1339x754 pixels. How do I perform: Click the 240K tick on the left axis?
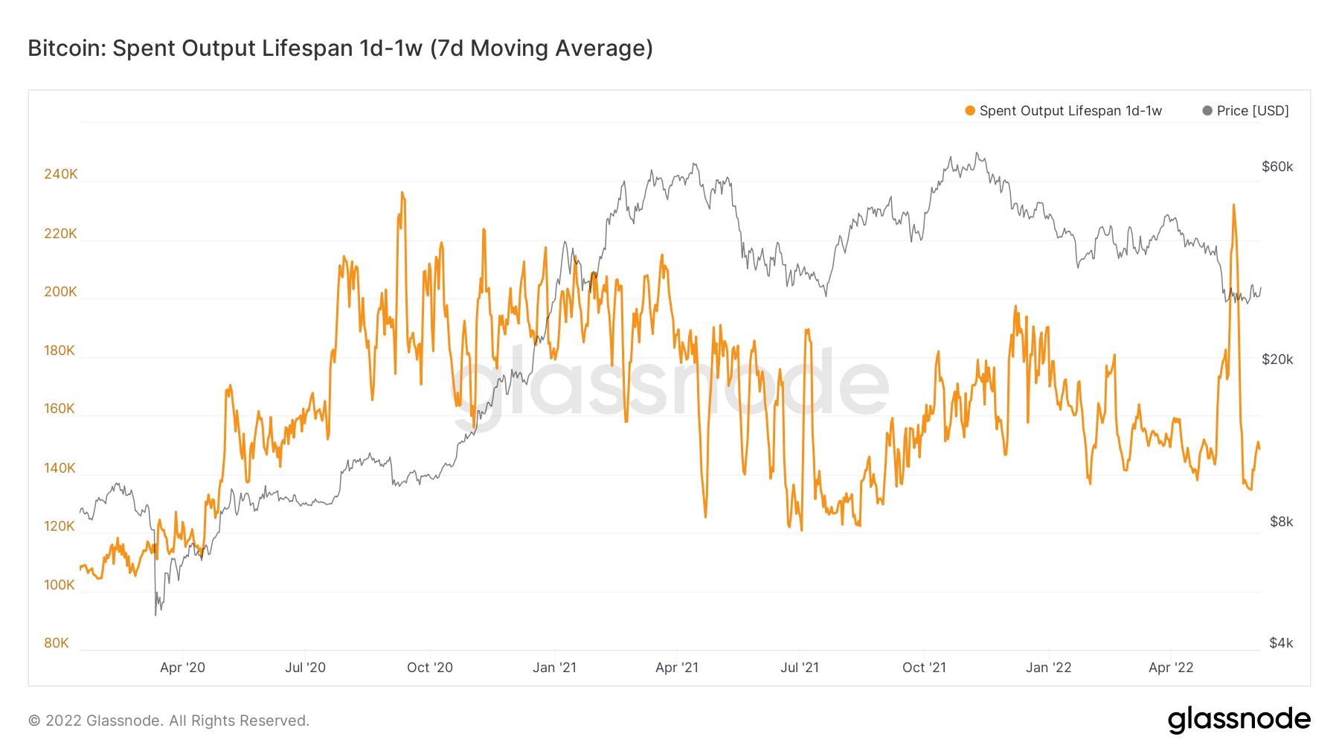coord(60,174)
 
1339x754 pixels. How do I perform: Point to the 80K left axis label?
coord(57,643)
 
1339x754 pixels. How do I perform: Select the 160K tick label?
coord(60,409)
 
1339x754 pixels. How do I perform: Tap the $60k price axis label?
coord(1277,167)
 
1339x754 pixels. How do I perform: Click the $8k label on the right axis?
coord(1281,522)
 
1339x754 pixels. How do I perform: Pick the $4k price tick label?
coord(1281,643)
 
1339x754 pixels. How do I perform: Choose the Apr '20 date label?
coord(182,668)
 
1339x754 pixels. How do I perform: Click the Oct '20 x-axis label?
coord(429,668)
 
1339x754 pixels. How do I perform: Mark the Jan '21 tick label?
coord(554,668)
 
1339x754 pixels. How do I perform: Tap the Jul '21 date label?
coord(799,668)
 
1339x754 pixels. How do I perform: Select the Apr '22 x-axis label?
coord(1170,668)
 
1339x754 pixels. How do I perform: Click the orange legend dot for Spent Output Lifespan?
coord(970,111)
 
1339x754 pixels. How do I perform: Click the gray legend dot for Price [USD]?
coord(1207,111)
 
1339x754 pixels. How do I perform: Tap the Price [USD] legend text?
coord(1253,111)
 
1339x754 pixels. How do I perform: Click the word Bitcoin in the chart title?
coord(67,48)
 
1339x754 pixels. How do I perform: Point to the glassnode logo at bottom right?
coord(1239,720)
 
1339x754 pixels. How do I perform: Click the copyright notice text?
coord(169,721)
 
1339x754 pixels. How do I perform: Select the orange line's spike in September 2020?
coord(402,193)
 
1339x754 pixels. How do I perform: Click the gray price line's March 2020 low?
coord(155,614)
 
